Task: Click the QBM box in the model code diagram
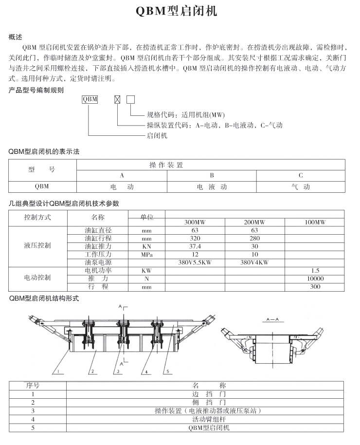pos(90,99)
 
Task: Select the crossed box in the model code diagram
pos(117,100)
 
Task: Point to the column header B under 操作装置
pos(212,175)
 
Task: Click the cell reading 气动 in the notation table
pos(300,186)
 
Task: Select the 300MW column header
pos(195,222)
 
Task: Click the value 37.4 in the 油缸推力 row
pos(195,247)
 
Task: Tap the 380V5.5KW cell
pos(195,262)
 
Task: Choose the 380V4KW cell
pos(254,262)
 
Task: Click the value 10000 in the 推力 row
pos(315,278)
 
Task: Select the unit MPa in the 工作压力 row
pos(146,255)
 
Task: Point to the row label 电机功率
pos(98,270)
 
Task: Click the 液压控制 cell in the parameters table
pos(37,246)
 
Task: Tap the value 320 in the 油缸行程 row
pos(195,239)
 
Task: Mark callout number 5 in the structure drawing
pos(167,372)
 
